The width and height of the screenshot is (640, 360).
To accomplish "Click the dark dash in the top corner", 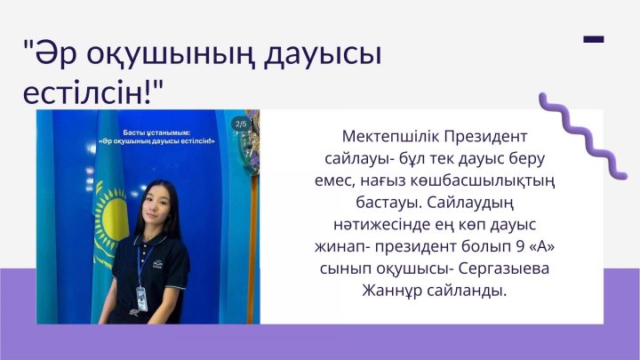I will coord(594,39).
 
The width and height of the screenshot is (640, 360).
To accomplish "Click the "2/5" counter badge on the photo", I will coord(240,123).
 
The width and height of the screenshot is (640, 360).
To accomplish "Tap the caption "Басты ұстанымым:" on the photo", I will coord(148,132).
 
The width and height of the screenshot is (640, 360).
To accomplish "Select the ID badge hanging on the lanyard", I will coord(140,294).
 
